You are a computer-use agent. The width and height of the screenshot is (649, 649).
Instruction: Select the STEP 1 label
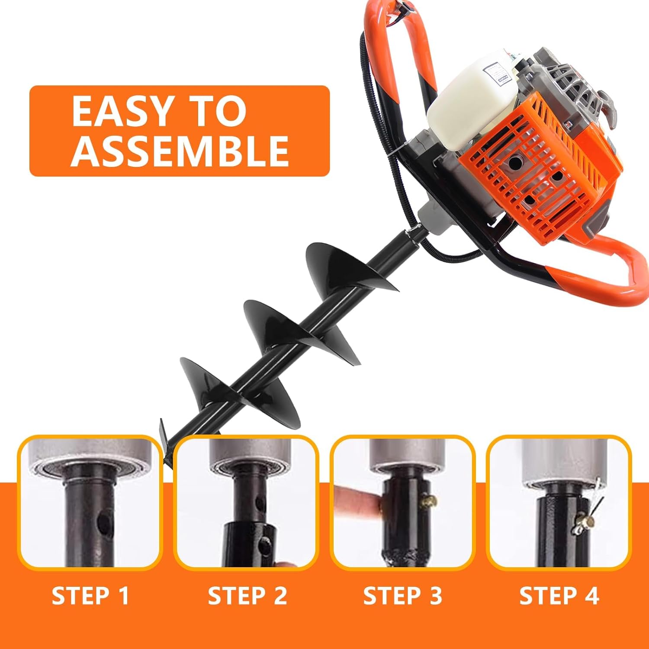click(90, 596)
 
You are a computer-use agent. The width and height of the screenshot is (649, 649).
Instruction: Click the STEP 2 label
click(247, 596)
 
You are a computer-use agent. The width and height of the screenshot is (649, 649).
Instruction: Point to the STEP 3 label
click(402, 596)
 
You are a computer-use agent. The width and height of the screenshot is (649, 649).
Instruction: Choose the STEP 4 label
click(559, 596)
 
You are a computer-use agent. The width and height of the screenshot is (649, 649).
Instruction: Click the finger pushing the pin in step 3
click(357, 502)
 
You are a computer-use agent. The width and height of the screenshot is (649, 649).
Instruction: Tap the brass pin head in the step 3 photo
click(429, 502)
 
